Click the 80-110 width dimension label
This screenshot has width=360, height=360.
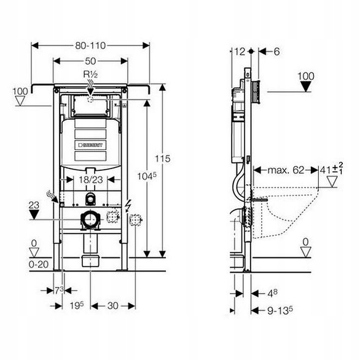click(x=90, y=45)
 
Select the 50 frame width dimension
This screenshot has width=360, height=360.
click(x=90, y=61)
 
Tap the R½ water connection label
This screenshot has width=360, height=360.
click(x=90, y=74)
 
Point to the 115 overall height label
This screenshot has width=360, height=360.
click(x=163, y=158)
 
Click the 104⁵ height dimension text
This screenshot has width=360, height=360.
click(x=147, y=176)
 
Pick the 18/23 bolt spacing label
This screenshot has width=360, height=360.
click(x=91, y=179)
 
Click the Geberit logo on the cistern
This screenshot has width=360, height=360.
click(x=90, y=145)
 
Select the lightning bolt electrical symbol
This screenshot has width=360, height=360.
click(x=127, y=205)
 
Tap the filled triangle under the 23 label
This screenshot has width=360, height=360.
click(x=34, y=215)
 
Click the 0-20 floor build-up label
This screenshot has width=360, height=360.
click(x=39, y=265)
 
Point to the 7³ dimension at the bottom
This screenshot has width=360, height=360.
click(x=59, y=291)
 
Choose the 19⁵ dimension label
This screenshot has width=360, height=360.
click(x=77, y=305)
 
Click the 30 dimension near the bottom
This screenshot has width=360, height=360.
click(x=112, y=305)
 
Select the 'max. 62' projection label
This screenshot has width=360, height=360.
click(x=286, y=170)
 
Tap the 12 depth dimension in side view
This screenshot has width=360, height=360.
click(x=240, y=52)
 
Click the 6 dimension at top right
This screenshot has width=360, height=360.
click(x=277, y=52)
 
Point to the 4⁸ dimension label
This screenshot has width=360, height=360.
click(x=273, y=293)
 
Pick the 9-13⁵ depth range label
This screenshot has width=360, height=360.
click(x=280, y=311)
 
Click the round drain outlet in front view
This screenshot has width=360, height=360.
click(x=90, y=220)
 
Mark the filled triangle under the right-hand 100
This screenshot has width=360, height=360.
click(x=306, y=87)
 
